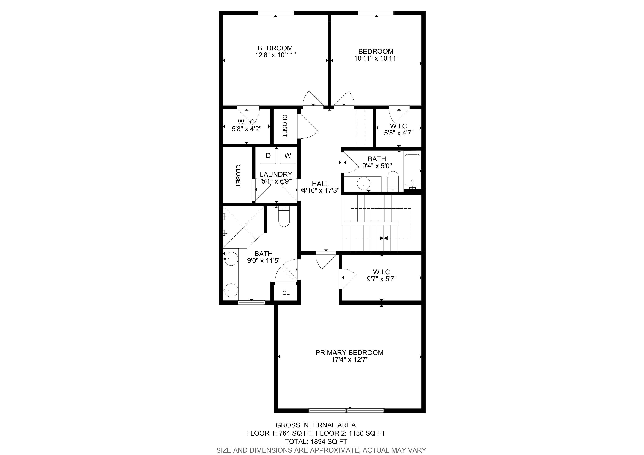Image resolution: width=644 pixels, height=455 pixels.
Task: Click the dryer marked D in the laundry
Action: pyautogui.click(x=268, y=156)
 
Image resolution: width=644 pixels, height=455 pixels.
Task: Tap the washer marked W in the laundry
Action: pyautogui.click(x=288, y=156)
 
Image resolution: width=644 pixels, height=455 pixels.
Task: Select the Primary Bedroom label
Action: pyautogui.click(x=350, y=352)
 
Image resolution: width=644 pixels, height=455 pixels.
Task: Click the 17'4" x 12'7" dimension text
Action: pyautogui.click(x=350, y=359)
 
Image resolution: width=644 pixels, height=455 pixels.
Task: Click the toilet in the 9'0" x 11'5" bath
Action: pyautogui.click(x=284, y=217)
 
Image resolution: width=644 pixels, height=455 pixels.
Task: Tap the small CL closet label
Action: pyautogui.click(x=286, y=293)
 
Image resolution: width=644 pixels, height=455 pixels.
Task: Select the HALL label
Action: pyautogui.click(x=320, y=184)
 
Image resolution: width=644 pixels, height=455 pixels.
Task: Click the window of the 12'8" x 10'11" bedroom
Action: pyautogui.click(x=276, y=13)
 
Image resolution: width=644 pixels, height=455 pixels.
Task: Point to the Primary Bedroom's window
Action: pyautogui.click(x=346, y=410)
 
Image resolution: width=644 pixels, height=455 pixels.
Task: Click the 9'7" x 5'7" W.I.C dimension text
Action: pyautogui.click(x=381, y=279)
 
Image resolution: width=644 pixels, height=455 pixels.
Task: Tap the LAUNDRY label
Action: pyautogui.click(x=276, y=174)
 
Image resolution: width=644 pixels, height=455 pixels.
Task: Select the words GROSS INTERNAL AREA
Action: pyautogui.click(x=316, y=425)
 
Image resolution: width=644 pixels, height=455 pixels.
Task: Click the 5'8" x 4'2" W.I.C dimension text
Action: pyautogui.click(x=247, y=129)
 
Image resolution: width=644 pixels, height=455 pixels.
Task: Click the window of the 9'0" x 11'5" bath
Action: pyautogui.click(x=251, y=302)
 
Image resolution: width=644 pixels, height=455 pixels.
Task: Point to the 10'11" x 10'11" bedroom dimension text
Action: pyautogui.click(x=376, y=58)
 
